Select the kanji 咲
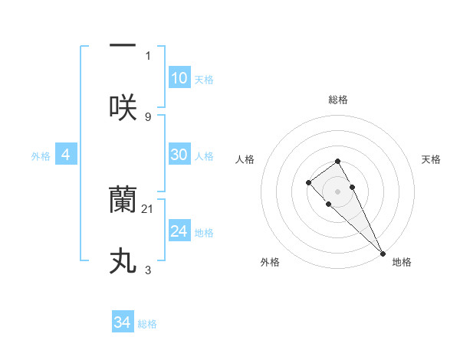123,107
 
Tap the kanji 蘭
123,201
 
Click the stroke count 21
149,208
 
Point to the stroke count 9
148,116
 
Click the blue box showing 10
179,77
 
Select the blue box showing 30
179,155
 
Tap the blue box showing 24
179,231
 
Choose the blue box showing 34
123,322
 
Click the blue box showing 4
65,155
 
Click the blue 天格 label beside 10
204,80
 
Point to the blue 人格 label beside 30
204,156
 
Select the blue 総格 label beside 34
147,324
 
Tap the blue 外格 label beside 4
41,156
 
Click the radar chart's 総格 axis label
337,100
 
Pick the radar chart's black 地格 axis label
402,262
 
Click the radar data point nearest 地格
383,253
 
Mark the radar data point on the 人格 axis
308,182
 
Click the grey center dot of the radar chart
337,191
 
